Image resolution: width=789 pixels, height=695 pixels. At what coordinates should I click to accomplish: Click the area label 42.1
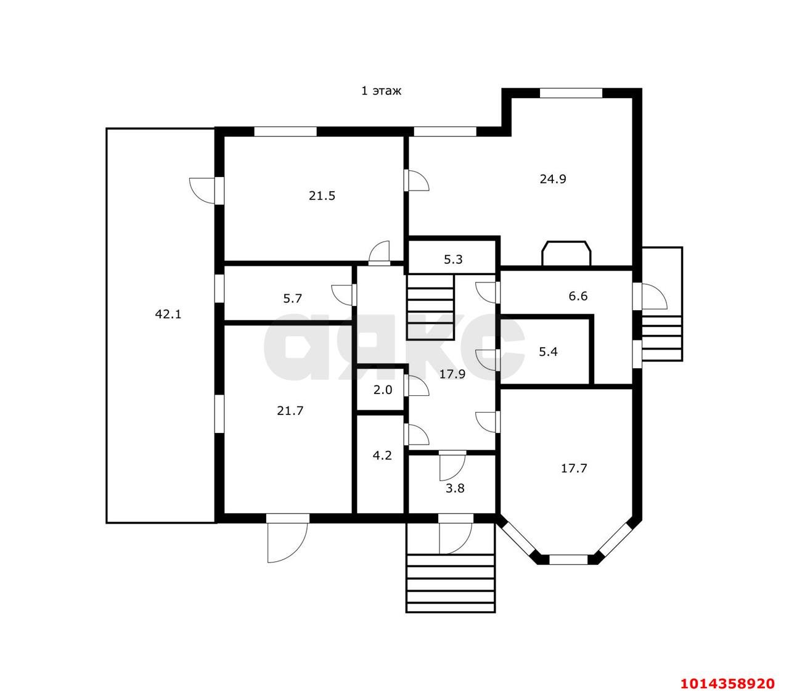coord(168,314)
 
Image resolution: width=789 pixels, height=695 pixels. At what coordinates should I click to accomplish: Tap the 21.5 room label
coord(322,195)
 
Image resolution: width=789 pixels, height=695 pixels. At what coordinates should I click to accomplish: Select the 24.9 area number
coord(553,179)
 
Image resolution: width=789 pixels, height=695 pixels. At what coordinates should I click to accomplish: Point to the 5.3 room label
coord(453,259)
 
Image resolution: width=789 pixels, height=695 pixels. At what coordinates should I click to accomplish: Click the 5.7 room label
coord(292,298)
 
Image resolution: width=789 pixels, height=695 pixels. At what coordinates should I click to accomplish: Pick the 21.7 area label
coord(290,411)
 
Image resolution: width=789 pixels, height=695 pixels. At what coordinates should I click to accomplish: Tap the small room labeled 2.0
coord(382,390)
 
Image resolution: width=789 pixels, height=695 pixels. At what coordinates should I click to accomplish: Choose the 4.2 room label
coord(382,455)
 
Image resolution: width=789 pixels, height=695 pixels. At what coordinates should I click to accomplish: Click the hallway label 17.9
coord(452,374)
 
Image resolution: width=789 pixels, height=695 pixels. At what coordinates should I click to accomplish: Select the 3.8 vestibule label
coord(455,488)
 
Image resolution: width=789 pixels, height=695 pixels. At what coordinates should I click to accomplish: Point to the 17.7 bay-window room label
coord(574,468)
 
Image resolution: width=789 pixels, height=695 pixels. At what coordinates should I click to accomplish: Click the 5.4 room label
coord(548,352)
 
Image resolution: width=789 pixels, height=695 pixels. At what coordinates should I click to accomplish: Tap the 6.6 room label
coord(578,296)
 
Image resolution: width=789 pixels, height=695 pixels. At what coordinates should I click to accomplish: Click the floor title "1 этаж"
coord(382,91)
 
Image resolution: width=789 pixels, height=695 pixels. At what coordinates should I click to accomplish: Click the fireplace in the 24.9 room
coord(566,253)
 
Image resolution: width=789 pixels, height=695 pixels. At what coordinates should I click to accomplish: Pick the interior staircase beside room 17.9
coord(430,307)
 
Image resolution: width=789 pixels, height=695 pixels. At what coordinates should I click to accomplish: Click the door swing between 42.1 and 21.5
coord(202,191)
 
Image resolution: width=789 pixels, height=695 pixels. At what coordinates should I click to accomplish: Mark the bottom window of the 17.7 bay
coord(568,559)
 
